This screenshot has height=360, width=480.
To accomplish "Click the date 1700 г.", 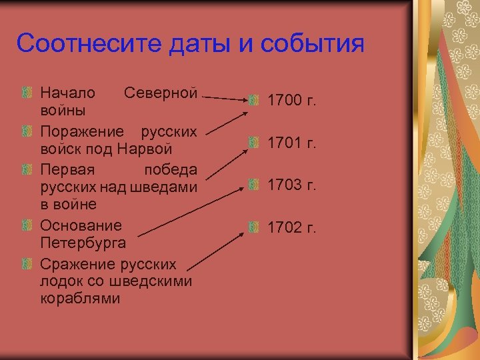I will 291,101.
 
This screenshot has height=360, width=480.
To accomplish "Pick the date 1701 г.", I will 291,143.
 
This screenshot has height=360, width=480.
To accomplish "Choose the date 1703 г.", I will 291,185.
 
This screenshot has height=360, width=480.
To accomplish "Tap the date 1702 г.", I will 291,227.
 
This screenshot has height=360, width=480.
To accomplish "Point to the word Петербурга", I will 87,240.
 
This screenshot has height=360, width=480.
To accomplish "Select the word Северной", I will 161,92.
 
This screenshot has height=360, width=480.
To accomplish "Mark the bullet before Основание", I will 27,225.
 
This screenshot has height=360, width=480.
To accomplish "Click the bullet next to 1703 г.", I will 253,185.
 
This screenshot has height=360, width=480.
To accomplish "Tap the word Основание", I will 81,225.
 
